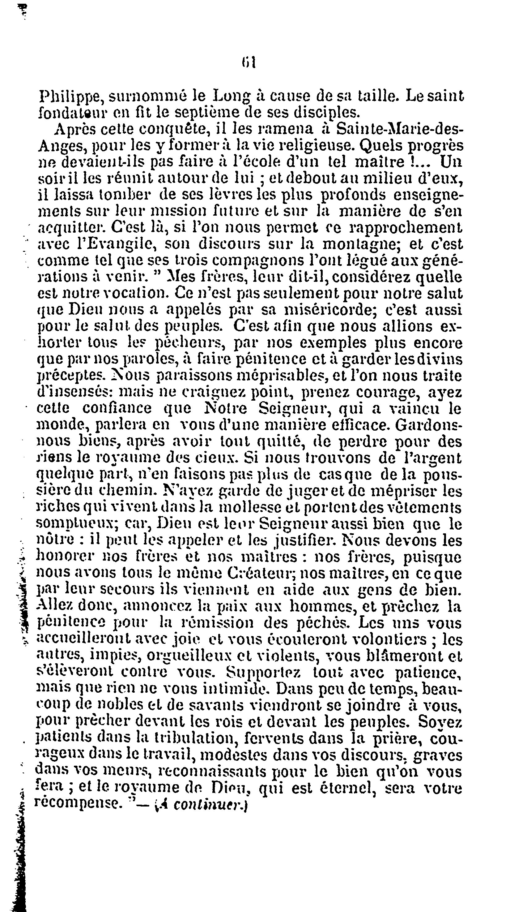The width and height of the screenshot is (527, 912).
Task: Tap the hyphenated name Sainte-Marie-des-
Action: [398, 128]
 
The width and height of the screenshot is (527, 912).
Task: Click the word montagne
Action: [360, 245]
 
